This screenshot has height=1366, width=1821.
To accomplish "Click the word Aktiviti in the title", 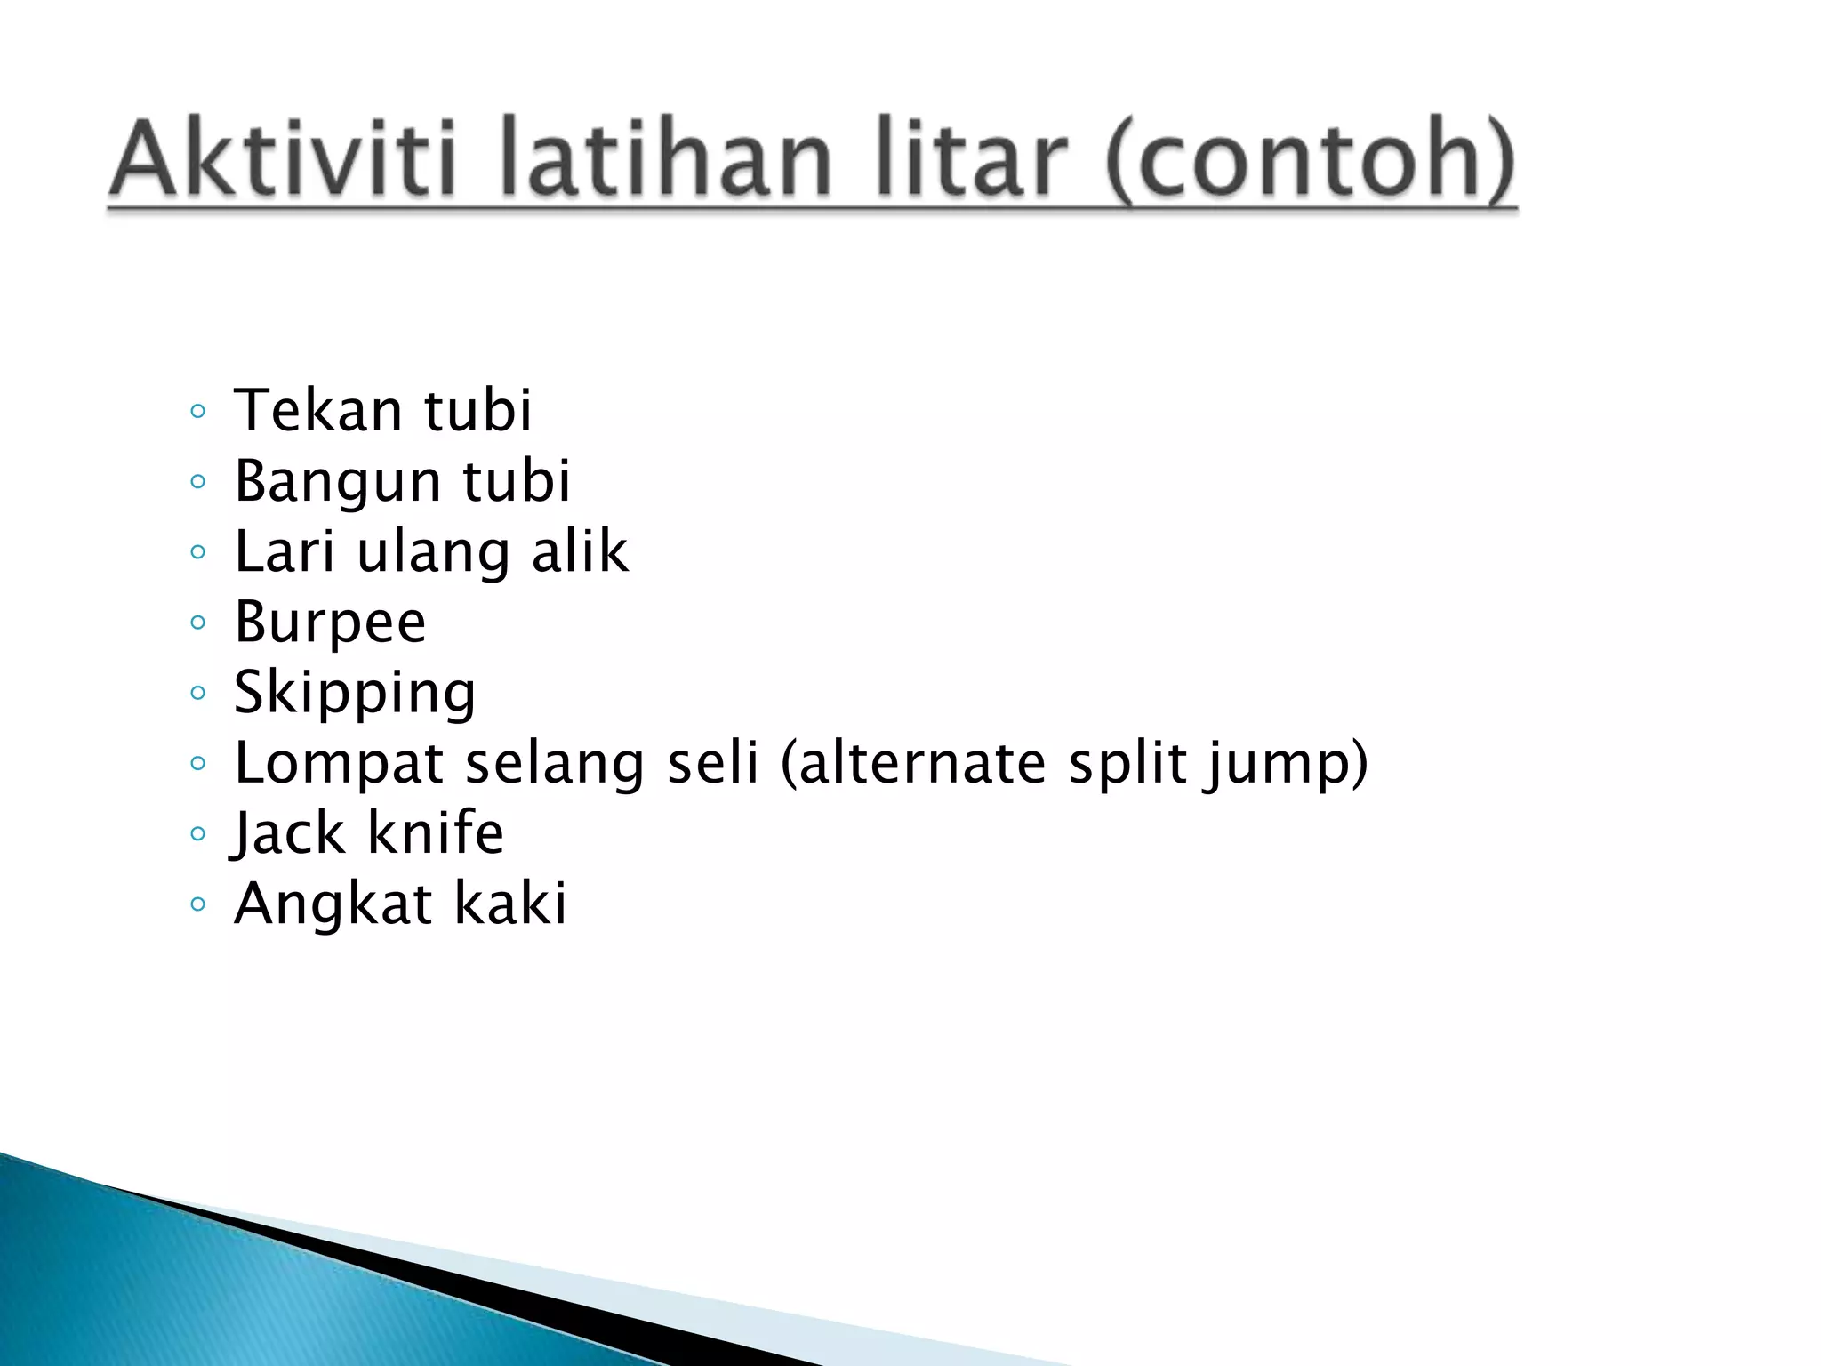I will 283,160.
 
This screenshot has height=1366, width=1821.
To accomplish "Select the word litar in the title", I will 970,160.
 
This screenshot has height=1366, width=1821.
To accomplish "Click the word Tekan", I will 317,410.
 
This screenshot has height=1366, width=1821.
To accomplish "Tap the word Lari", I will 285,550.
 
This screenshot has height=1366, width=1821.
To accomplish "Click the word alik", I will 580,550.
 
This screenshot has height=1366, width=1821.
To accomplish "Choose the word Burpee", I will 330,623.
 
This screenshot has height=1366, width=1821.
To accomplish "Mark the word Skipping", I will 355,694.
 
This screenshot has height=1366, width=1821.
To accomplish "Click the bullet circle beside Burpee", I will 197,623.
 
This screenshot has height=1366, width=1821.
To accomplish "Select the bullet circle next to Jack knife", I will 197,834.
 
